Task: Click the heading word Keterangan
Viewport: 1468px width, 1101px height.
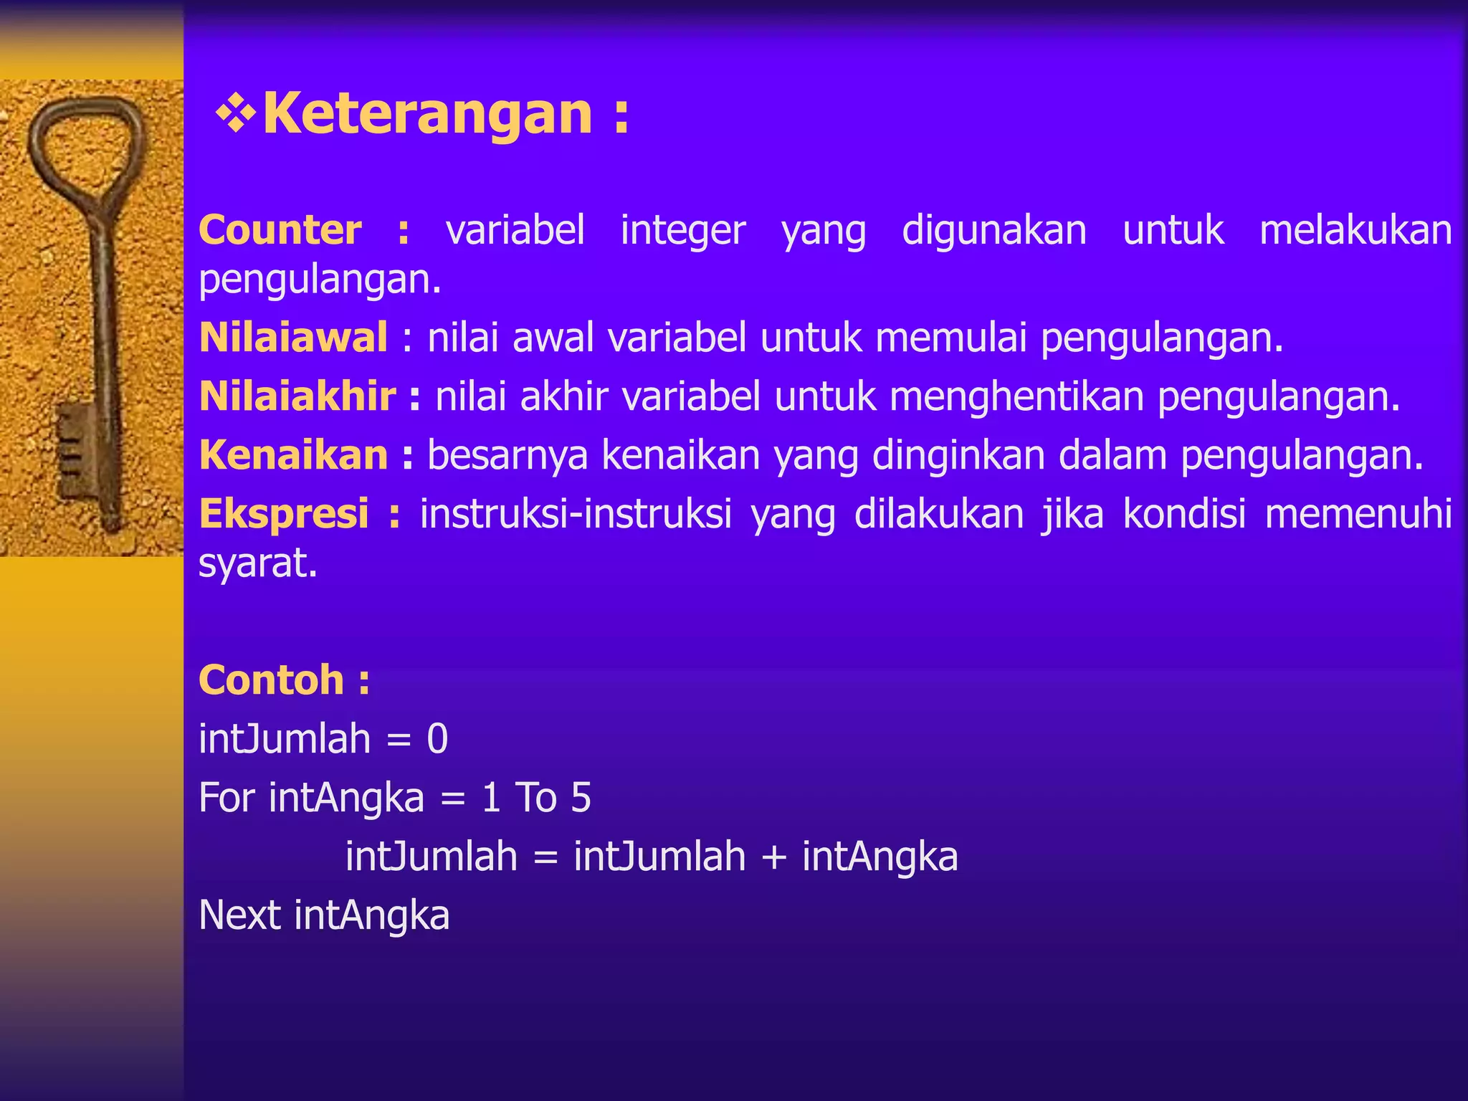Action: pos(427,113)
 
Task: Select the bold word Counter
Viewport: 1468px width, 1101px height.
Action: pos(280,230)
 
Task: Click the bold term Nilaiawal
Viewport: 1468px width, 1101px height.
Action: pos(293,338)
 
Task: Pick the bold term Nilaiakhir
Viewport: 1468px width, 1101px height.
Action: pos(297,396)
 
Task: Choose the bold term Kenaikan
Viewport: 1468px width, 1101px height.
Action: pos(293,455)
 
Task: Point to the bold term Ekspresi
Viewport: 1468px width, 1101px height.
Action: pos(284,514)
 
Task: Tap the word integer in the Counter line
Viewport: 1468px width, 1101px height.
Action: pos(682,232)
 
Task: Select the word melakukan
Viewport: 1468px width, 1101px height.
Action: pos(1355,230)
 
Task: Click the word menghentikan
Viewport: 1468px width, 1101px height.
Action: pos(1016,396)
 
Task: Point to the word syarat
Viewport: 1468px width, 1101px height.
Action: pos(257,563)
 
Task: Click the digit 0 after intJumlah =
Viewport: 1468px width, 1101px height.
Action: pos(437,739)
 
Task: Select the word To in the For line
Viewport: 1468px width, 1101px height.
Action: pos(535,798)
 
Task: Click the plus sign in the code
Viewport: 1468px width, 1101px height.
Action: pos(773,857)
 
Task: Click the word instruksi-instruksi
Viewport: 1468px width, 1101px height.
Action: pos(576,514)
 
